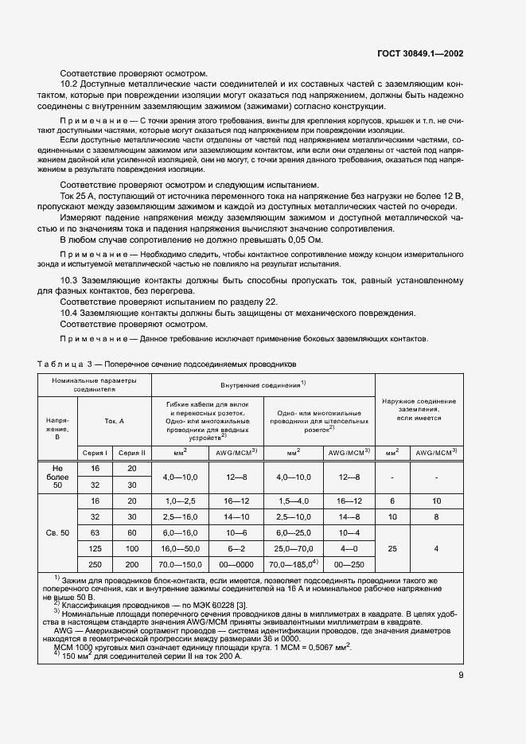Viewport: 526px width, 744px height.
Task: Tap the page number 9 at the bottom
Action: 461,676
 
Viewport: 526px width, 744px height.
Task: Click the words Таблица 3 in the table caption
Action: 63,364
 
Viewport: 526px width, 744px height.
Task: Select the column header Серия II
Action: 132,452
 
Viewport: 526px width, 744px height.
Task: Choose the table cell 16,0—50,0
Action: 180,549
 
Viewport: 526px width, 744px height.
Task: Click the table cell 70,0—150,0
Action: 180,564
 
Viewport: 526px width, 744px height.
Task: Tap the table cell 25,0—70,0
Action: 292,549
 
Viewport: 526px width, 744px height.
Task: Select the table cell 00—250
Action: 348,564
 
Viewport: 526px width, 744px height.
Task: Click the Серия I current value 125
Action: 95,549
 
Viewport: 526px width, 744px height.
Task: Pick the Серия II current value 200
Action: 132,564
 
